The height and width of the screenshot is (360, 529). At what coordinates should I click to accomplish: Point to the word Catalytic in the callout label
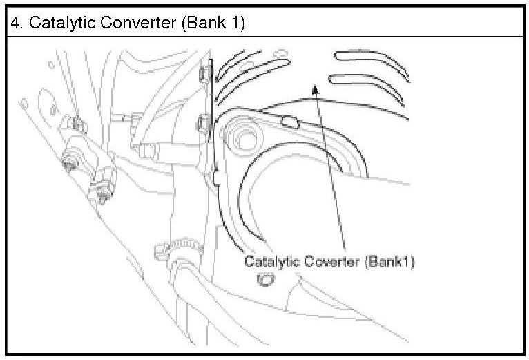(271, 263)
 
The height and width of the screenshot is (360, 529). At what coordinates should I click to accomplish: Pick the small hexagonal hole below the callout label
(264, 279)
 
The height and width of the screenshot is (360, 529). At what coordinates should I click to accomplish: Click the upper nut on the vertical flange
(204, 72)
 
